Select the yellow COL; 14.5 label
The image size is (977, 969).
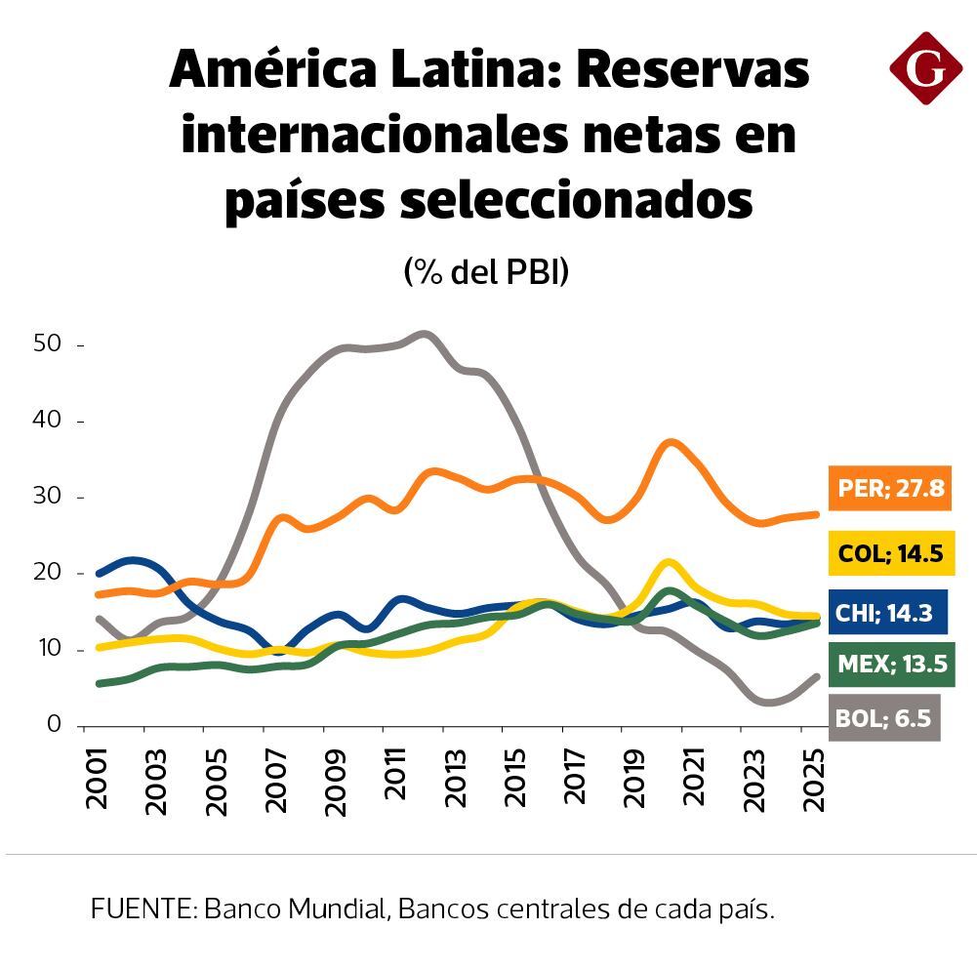point(889,554)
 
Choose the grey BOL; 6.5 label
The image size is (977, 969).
point(883,719)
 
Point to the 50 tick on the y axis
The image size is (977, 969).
point(48,344)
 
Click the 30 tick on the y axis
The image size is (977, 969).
point(48,497)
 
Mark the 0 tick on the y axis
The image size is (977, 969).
point(54,725)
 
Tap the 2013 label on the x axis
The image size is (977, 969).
point(457,779)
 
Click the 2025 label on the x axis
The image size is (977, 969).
point(813,779)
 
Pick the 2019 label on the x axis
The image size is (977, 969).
point(634,779)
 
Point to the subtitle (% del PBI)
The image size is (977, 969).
point(486,273)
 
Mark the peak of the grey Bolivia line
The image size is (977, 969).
point(422,334)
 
